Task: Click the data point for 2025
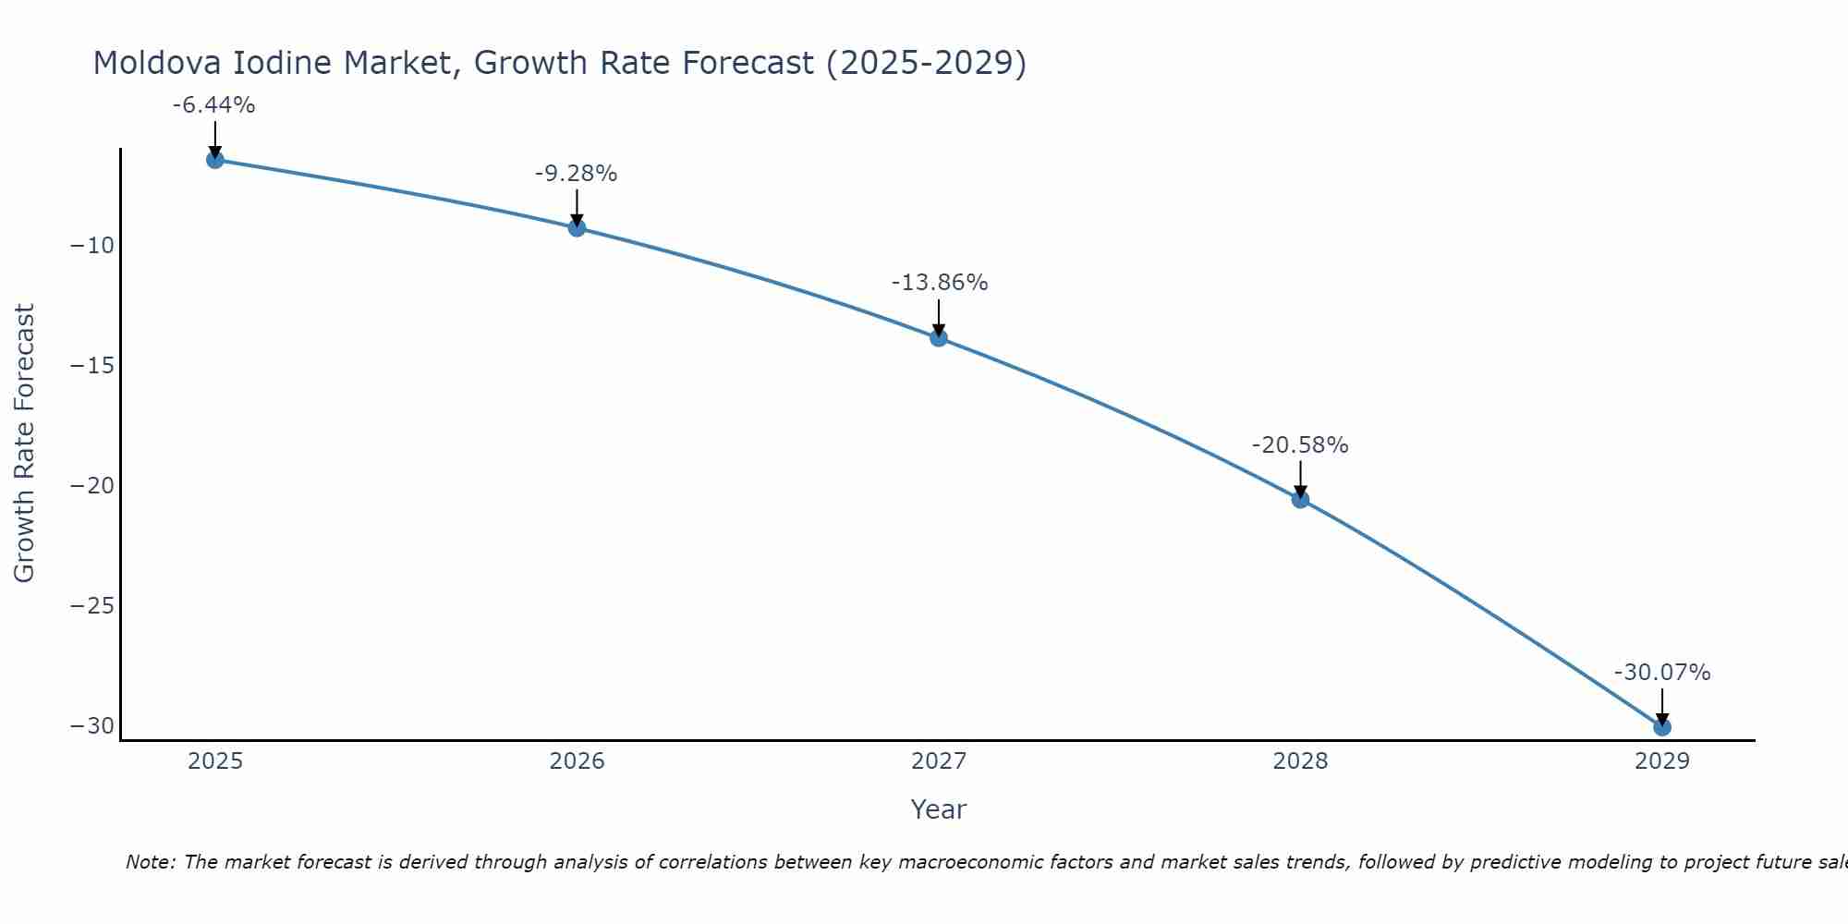[x=215, y=160]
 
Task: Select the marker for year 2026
[x=577, y=228]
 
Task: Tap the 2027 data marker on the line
[x=939, y=338]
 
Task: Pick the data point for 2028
[x=1300, y=500]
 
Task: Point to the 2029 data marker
[x=1662, y=727]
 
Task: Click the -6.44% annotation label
[x=213, y=105]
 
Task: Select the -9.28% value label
[x=576, y=174]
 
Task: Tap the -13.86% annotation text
[x=939, y=283]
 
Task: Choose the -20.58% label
[x=1300, y=445]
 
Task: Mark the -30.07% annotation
[x=1662, y=673]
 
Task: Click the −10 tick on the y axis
[x=91, y=246]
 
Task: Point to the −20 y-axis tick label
[x=91, y=486]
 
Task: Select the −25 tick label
[x=91, y=606]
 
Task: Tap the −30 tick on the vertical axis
[x=91, y=726]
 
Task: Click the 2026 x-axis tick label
[x=577, y=761]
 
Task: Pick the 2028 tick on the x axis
[x=1300, y=761]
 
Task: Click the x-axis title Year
[x=938, y=809]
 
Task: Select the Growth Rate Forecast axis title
[x=24, y=444]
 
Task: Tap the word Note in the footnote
[x=150, y=862]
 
